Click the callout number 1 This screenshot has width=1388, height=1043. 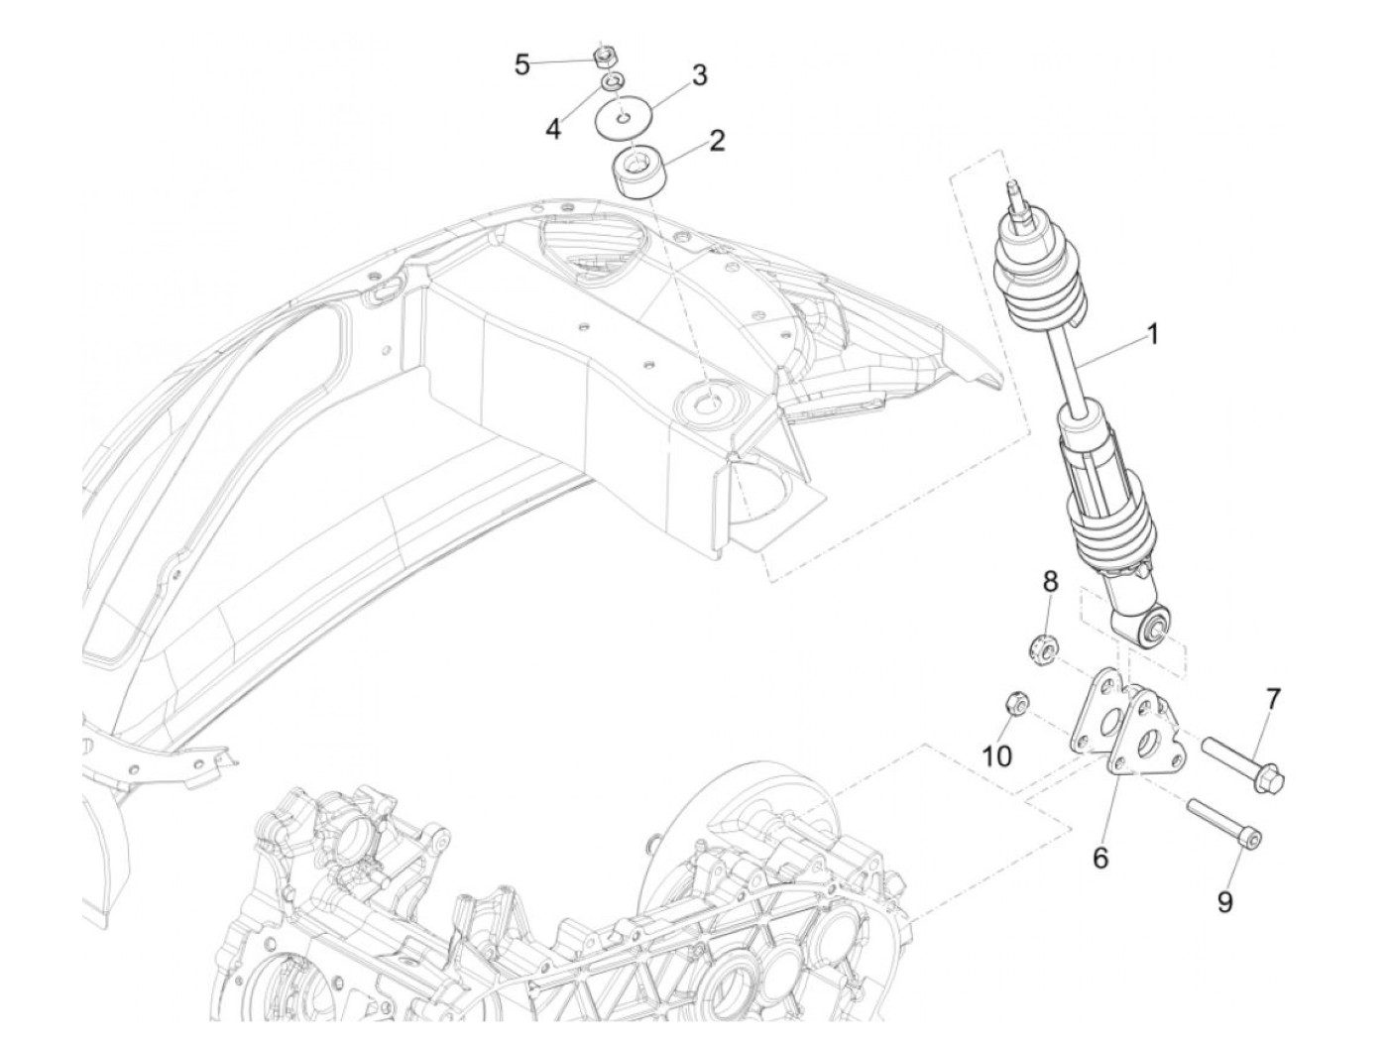1151,336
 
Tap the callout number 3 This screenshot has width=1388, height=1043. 699,75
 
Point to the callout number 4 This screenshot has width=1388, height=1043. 553,128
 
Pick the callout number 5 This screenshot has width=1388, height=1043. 522,65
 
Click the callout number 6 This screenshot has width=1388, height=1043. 1100,858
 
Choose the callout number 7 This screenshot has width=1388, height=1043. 1272,699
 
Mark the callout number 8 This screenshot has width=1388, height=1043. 1051,583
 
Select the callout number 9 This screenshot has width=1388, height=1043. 1226,902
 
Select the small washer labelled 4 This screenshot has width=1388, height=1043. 613,80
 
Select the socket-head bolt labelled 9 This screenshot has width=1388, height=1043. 1223,825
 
